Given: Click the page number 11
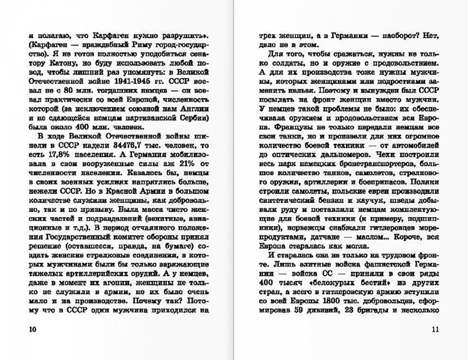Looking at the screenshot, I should (435, 330).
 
